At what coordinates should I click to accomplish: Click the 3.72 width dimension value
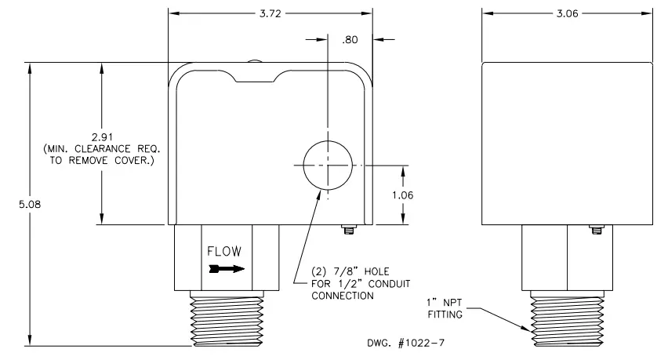269,14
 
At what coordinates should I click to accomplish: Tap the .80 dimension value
350,40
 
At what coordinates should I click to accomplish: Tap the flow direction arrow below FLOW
225,268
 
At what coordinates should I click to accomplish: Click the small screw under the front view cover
347,230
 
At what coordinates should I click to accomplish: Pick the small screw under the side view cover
596,230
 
